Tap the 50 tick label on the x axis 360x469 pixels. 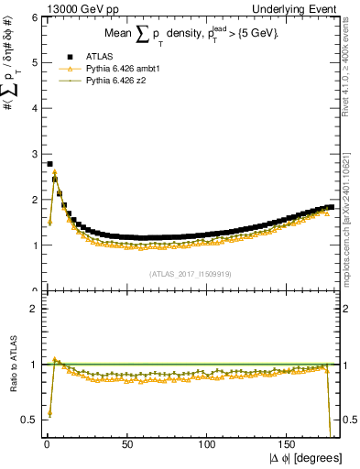click(126, 444)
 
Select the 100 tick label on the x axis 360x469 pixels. click(207, 444)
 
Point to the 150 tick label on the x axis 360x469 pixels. click(288, 444)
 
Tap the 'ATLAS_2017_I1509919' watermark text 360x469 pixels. click(191, 273)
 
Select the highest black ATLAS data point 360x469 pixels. click(49, 164)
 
